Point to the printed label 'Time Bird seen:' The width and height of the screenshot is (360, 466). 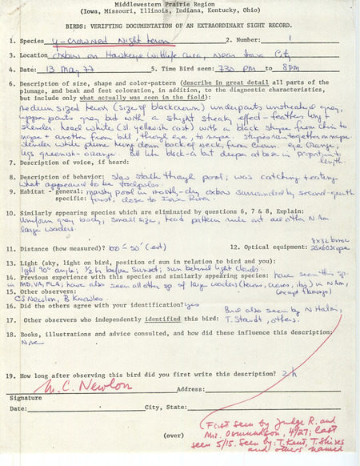coord(186,70)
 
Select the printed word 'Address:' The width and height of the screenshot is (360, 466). coord(191,389)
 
